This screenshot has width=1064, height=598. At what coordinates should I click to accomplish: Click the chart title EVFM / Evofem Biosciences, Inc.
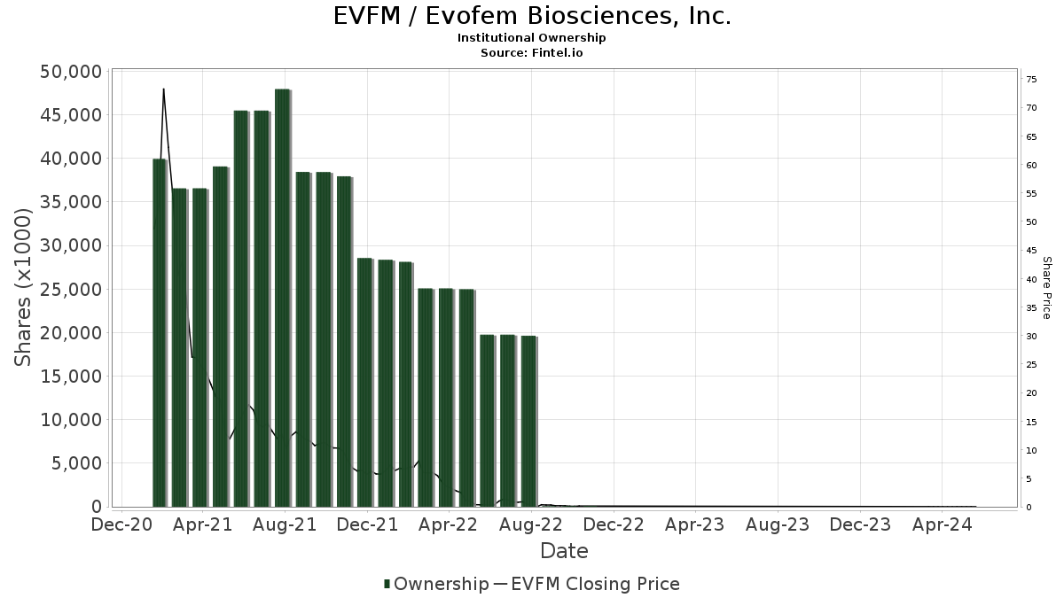pyautogui.click(x=532, y=16)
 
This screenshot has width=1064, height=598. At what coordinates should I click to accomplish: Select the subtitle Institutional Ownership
pyautogui.click(x=532, y=38)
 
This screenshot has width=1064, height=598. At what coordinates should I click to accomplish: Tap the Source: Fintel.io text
pyautogui.click(x=532, y=52)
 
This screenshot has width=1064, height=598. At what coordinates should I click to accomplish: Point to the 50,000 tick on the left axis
pyautogui.click(x=72, y=72)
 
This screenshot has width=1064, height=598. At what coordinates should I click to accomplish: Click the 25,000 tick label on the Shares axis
pyautogui.click(x=72, y=290)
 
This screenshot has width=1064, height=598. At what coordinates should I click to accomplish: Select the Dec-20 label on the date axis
pyautogui.click(x=121, y=524)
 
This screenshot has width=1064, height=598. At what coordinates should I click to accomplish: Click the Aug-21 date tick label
pyautogui.click(x=286, y=524)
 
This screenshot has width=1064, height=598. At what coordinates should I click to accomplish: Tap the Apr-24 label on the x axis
pyautogui.click(x=942, y=524)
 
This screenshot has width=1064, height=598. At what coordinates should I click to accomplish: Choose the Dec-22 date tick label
pyautogui.click(x=614, y=524)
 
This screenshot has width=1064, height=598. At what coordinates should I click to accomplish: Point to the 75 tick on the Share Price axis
pyautogui.click(x=1031, y=80)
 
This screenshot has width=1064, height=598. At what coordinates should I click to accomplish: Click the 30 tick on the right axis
pyautogui.click(x=1031, y=337)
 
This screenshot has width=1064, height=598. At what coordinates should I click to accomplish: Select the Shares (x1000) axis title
pyautogui.click(x=24, y=288)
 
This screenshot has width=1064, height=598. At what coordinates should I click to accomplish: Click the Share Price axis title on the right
pyautogui.click(x=1046, y=288)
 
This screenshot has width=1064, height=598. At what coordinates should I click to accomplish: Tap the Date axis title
pyautogui.click(x=564, y=551)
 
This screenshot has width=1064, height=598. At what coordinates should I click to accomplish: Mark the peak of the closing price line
pyautogui.click(x=163, y=89)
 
